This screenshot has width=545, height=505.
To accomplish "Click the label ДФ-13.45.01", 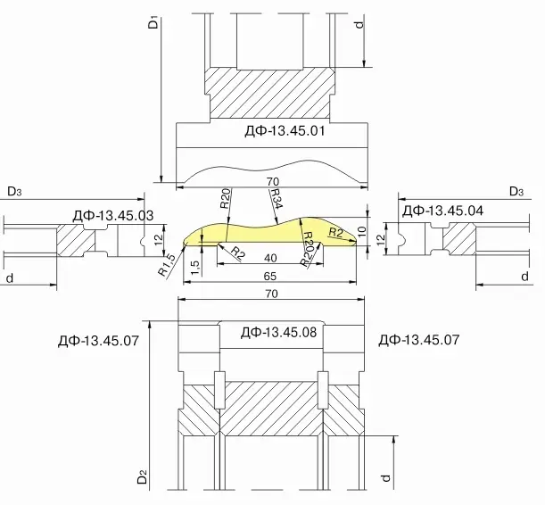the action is [x=285, y=131].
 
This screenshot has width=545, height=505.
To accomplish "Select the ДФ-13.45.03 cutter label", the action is [x=113, y=216].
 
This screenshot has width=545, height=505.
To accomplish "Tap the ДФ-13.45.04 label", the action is [x=442, y=211].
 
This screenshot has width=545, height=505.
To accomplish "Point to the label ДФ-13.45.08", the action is [x=279, y=333].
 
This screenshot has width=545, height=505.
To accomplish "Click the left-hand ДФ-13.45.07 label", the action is [x=98, y=340].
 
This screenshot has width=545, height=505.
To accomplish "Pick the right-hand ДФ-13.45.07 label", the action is [x=419, y=340].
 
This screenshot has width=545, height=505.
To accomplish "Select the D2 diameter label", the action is [x=143, y=476].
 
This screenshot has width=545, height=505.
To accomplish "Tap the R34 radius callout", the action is [x=277, y=199].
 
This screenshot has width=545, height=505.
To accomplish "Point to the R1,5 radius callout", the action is [x=167, y=265].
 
